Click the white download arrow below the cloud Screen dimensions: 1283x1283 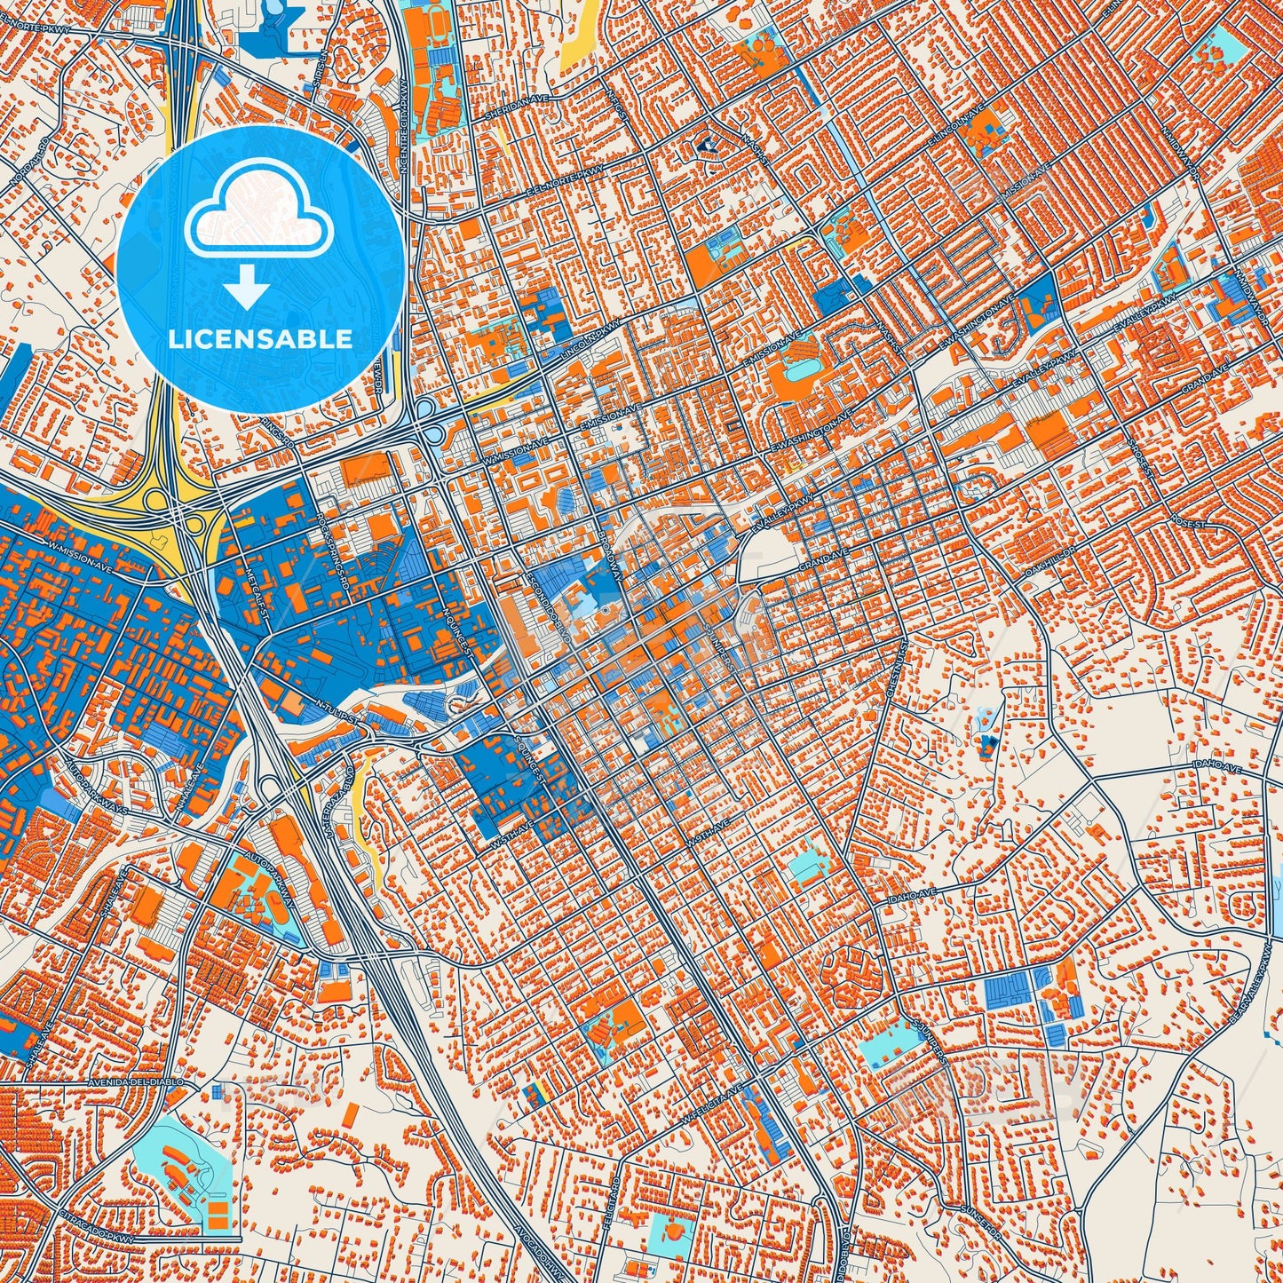248,289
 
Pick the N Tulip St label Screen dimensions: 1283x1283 334,709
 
